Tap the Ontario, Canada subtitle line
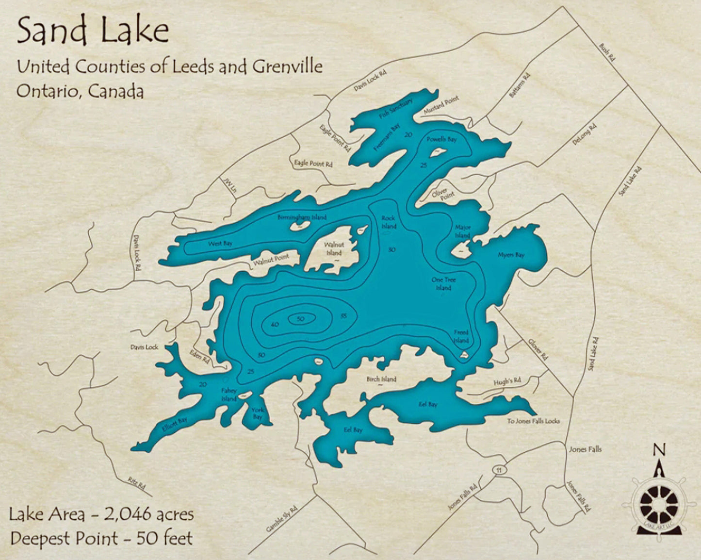tap(80, 91)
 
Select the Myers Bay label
tap(511, 255)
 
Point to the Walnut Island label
tap(334, 249)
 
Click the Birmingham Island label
tap(302, 217)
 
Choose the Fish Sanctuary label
tap(396, 109)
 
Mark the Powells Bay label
tap(441, 140)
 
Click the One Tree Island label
tap(443, 284)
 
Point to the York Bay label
tap(257, 413)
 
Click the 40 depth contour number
tap(275, 324)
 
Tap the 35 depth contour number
tap(343, 316)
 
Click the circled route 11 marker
tap(497, 470)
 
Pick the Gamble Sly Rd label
tap(281, 518)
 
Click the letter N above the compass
tap(658, 450)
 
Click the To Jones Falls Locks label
tap(533, 421)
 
